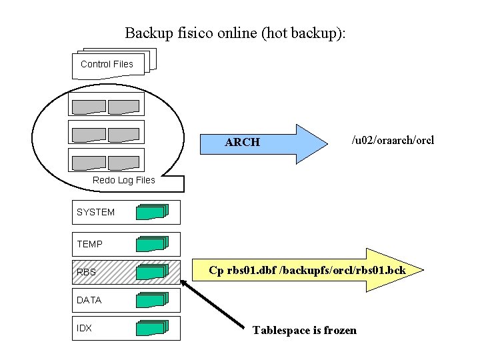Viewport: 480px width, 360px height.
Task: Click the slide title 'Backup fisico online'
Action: (235, 33)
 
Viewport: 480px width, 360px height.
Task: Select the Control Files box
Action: (107, 65)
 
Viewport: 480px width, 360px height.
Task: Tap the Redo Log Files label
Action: (123, 180)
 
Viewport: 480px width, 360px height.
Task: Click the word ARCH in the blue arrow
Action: (242, 142)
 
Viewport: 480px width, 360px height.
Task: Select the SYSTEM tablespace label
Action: (95, 212)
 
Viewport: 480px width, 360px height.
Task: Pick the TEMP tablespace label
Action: (89, 244)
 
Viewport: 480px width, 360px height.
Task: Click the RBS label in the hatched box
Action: (86, 272)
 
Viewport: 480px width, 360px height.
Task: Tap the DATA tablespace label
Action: (89, 300)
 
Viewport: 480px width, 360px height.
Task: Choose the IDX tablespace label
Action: (84, 328)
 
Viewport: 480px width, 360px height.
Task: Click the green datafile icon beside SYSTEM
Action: (152, 212)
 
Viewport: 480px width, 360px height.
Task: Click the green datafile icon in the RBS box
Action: (152, 272)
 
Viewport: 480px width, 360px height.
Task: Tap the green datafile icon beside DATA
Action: (152, 300)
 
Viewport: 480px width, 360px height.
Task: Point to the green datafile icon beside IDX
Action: (152, 328)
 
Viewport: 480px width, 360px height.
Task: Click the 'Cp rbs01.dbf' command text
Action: (306, 271)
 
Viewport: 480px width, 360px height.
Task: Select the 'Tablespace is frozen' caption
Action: (304, 331)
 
